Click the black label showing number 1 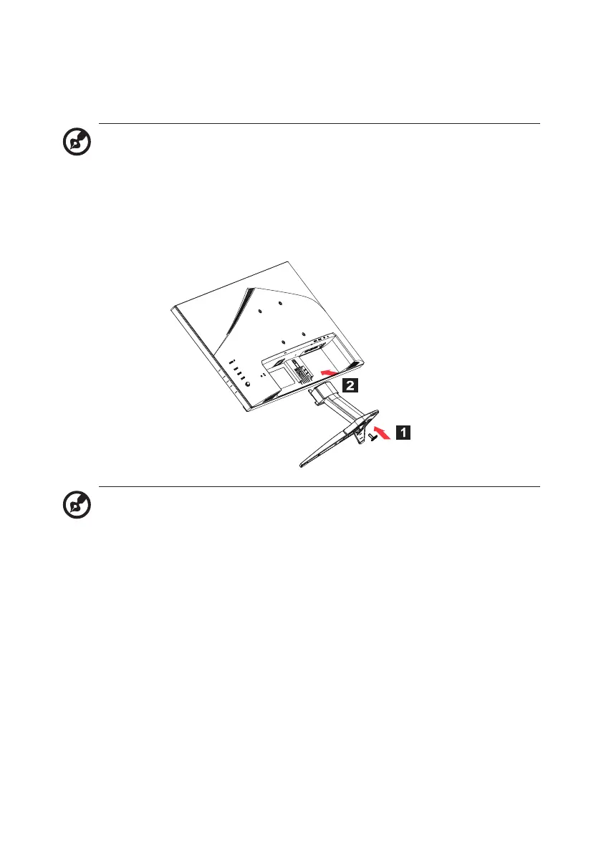coord(404,432)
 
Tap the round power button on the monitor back coord(247,384)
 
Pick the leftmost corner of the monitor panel coord(173,309)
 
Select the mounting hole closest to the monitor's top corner coord(280,304)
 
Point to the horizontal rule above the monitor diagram coord(319,124)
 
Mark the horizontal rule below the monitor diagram coord(319,487)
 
